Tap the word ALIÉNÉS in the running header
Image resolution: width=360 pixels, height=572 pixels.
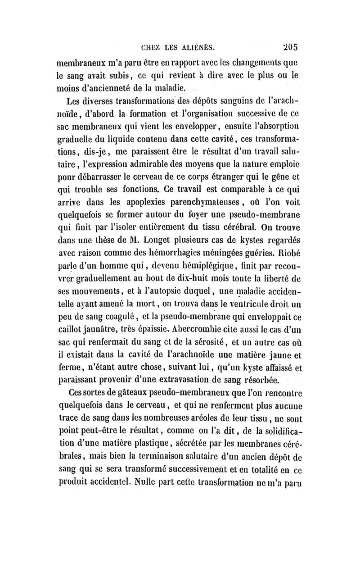tap(198, 46)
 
